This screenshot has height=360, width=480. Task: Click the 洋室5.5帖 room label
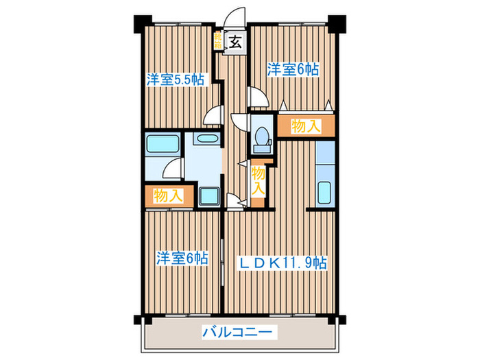tap(174, 80)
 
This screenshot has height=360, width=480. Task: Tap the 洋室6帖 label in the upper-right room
tap(293, 69)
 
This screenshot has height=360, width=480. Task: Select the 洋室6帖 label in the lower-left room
tap(181, 259)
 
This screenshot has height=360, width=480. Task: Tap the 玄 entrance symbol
tap(235, 41)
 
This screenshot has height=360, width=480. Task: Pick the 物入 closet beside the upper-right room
tap(306, 125)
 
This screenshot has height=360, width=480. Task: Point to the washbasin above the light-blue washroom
tap(205, 139)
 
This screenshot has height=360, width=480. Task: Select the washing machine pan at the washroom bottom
tap(208, 196)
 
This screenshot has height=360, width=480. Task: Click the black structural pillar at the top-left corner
tap(140, 23)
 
